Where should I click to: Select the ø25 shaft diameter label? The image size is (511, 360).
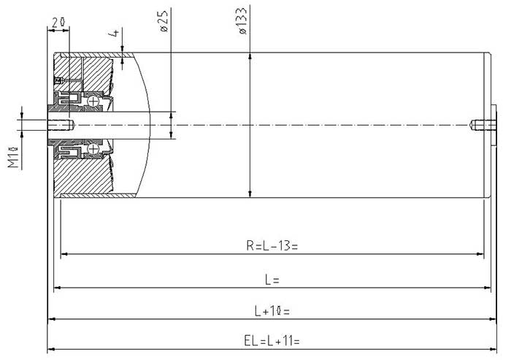(164, 21)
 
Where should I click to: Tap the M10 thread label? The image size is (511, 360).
(13, 157)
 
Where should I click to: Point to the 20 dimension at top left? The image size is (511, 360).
(58, 22)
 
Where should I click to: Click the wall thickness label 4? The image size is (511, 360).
(115, 33)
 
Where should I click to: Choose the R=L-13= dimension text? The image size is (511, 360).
(272, 245)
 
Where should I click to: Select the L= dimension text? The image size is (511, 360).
(272, 280)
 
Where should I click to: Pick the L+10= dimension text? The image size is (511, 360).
(272, 311)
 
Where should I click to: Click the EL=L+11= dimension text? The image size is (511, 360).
(272, 341)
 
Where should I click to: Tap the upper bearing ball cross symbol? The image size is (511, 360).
(93, 102)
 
